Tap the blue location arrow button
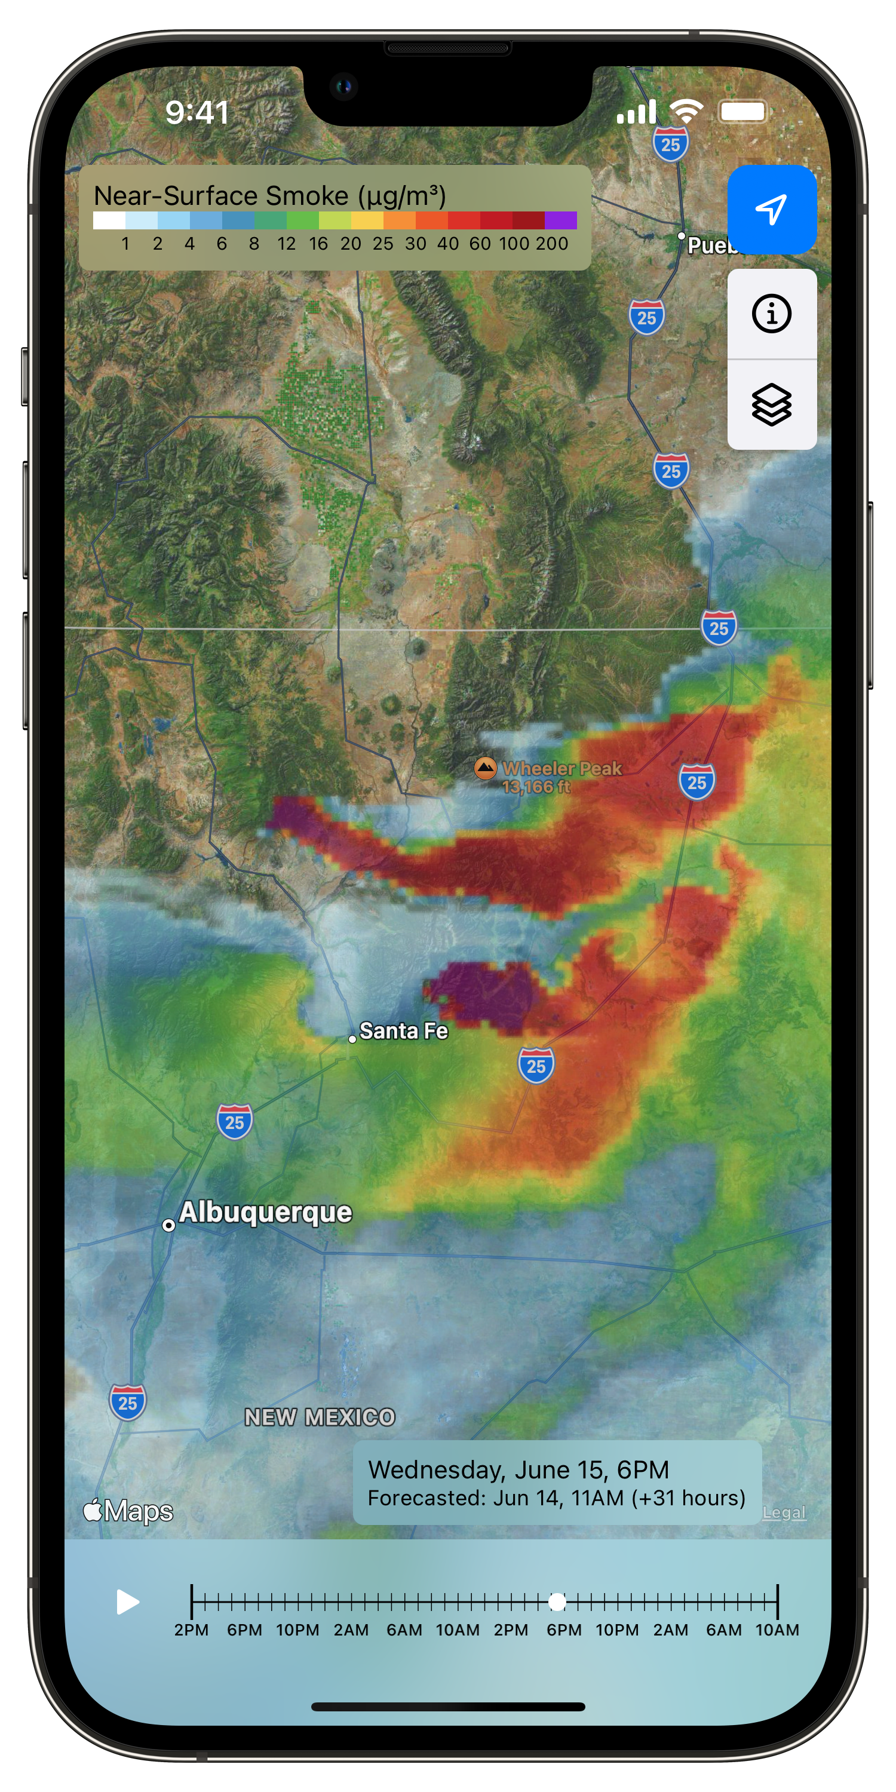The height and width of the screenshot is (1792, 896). tap(772, 210)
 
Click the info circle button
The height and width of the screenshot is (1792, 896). tap(772, 314)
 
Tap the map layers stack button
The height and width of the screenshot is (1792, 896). tap(772, 404)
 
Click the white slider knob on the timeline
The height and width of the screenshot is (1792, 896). tap(557, 1602)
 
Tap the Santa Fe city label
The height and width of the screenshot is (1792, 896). tap(403, 1031)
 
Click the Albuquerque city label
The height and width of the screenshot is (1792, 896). tap(265, 1212)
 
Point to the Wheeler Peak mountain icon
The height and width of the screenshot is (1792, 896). tap(485, 768)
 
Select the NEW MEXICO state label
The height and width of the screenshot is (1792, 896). tap(320, 1417)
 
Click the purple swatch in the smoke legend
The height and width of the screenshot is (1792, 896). tap(561, 220)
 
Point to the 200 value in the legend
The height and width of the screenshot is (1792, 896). tap(552, 244)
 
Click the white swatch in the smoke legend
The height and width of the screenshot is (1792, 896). tap(109, 220)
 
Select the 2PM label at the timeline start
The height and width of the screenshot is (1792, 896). tap(191, 1630)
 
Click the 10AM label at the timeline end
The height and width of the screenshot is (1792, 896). tap(777, 1630)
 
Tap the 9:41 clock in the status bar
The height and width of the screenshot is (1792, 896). tap(197, 113)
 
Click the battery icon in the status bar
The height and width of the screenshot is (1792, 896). tap(743, 111)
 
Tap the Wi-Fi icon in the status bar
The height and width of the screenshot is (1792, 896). tap(686, 111)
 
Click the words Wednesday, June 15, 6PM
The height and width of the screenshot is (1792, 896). tap(518, 1469)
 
